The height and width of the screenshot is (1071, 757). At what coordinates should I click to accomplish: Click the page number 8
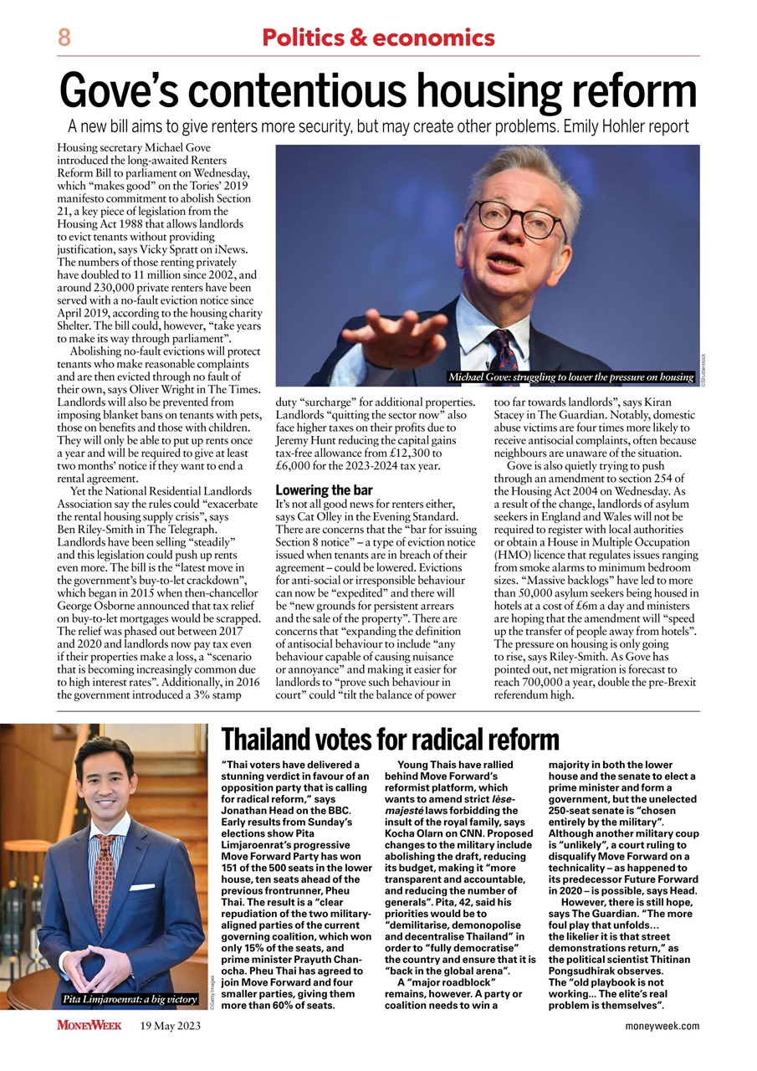pos(64,38)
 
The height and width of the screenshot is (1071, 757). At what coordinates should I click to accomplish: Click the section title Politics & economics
pos(378,38)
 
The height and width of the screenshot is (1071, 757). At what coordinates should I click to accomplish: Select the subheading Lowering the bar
pos(324,489)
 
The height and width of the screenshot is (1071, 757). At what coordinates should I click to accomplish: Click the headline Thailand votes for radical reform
pos(390,740)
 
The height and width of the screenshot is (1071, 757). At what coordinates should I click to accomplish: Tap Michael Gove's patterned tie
pos(504,351)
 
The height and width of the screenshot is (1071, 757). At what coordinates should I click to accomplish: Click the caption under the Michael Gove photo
pos(571,377)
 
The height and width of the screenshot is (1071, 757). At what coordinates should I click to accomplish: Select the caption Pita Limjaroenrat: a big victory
pos(129,999)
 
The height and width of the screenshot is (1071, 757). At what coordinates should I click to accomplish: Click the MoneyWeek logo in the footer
pos(90,1025)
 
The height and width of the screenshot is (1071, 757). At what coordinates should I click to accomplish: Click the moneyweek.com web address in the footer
pos(662,1026)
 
